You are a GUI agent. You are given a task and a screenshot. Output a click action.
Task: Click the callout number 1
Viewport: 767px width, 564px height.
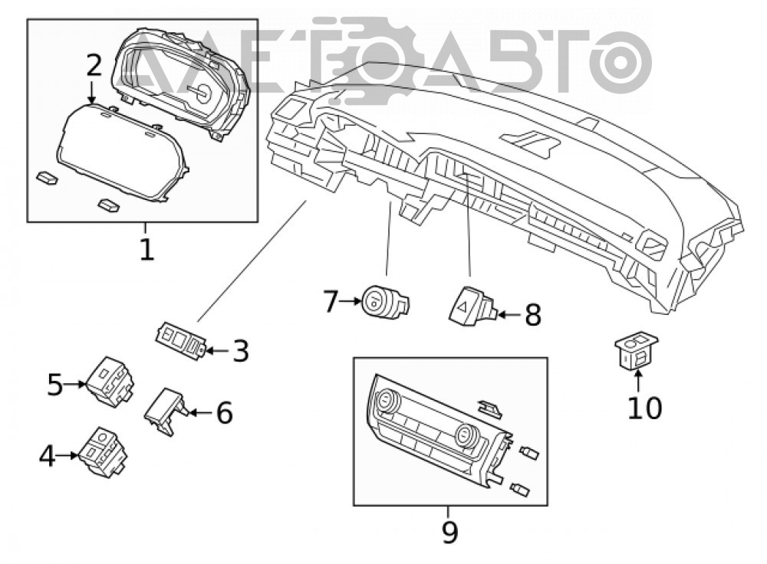[x=146, y=250]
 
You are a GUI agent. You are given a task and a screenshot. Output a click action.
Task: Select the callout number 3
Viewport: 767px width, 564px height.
[x=240, y=351]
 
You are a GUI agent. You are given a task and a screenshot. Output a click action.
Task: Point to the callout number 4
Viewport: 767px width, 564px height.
[x=47, y=457]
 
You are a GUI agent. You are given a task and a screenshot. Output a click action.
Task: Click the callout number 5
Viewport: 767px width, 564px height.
[x=55, y=385]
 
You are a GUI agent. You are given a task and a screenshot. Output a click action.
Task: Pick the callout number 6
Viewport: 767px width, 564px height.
[x=224, y=413]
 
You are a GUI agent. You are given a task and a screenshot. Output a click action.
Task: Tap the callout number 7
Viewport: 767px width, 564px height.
[x=331, y=302]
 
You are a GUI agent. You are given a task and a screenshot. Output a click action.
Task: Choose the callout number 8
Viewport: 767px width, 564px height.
[x=533, y=315]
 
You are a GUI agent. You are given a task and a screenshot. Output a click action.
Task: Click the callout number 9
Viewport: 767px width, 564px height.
[x=449, y=532]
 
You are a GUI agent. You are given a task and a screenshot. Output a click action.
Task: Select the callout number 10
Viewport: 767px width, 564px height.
[x=645, y=408]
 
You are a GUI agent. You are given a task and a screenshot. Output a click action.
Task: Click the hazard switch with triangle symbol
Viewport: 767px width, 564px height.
[x=471, y=306]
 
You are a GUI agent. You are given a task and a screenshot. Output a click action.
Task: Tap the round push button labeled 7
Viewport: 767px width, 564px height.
[x=385, y=301]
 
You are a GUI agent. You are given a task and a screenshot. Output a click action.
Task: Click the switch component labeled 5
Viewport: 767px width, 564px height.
[x=110, y=381]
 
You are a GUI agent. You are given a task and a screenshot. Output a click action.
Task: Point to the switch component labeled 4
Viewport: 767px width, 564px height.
[x=104, y=451]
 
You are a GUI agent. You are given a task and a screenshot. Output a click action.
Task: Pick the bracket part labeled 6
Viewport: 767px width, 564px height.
[x=166, y=411]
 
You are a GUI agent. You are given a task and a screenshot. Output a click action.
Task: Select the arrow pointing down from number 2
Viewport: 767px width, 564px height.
[x=91, y=93]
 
